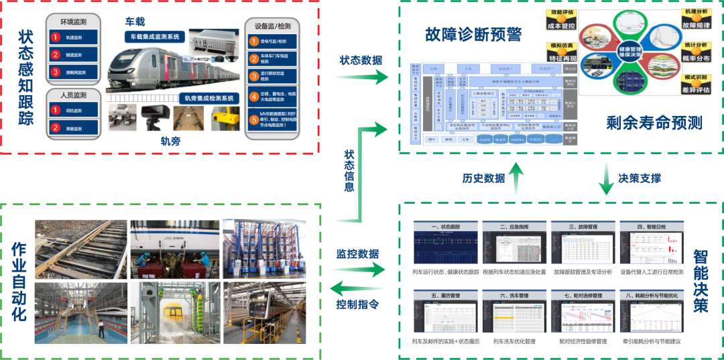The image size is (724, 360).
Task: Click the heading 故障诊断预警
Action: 473,34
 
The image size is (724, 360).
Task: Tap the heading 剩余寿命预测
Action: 654,122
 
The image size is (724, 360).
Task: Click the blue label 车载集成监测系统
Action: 154,37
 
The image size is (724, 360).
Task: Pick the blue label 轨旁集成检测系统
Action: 199,99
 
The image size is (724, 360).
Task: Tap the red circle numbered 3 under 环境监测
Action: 56,72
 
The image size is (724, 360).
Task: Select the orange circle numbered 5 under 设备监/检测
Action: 254,121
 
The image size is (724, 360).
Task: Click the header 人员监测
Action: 72,97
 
